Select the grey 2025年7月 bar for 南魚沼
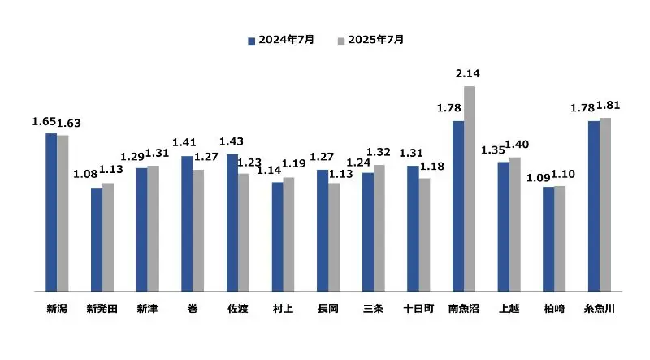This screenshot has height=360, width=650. (470, 188)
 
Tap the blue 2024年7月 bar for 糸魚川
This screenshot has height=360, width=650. (593, 205)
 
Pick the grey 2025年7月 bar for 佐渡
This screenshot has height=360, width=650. (244, 232)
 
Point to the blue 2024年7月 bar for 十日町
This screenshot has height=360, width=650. (413, 228)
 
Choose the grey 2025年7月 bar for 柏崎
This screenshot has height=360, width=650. (560, 238)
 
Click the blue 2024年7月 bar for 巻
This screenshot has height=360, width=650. (187, 223)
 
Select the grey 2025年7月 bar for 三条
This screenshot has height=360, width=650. (379, 228)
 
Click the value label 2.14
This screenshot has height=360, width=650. (469, 73)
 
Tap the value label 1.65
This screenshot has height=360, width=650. (43, 121)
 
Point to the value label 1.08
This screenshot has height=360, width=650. (85, 173)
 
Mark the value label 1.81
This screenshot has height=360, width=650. (609, 106)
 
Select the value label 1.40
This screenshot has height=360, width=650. (518, 145)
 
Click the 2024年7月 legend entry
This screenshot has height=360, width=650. (280, 39)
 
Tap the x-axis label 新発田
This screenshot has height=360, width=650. (102, 310)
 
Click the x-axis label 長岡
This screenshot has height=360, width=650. (328, 310)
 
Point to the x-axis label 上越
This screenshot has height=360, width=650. (509, 310)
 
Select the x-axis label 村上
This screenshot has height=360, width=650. (283, 310)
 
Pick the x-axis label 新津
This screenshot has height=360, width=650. (147, 310)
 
